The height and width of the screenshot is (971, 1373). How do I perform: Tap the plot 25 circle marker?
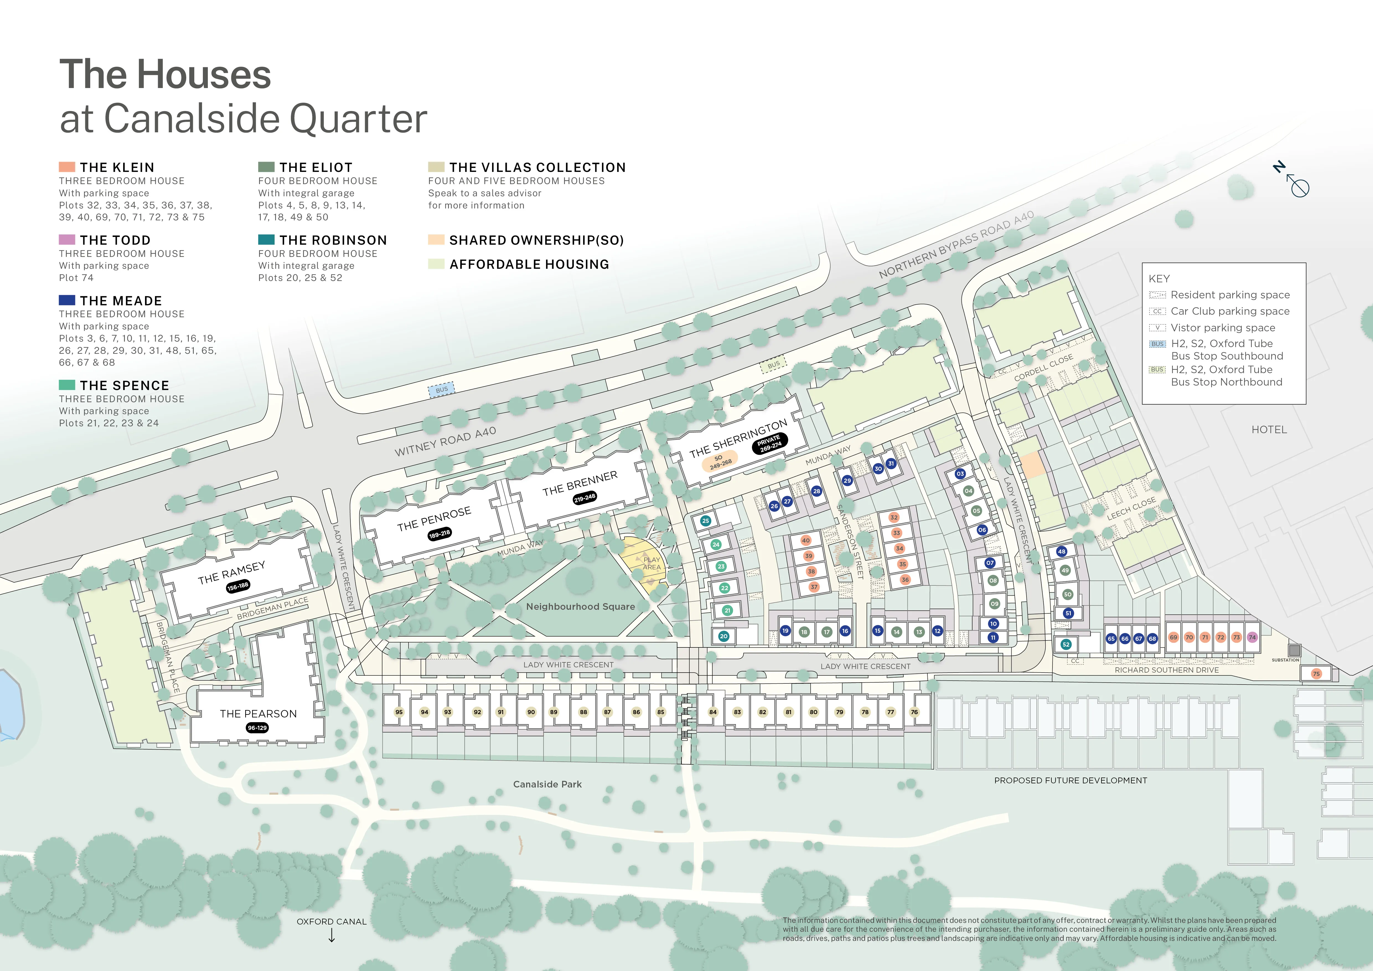pos(706,521)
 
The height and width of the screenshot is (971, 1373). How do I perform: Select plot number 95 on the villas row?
pos(399,712)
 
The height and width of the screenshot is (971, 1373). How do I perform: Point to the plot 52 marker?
pos(1066,645)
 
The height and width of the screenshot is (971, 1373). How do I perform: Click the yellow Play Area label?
pos(651,563)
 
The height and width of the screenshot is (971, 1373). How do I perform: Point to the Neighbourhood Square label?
pos(580,606)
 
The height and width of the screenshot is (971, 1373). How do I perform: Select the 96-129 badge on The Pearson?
pos(257,728)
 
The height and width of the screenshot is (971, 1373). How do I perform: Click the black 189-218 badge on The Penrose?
pos(439,533)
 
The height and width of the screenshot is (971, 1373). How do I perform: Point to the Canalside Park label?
pos(547,784)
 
